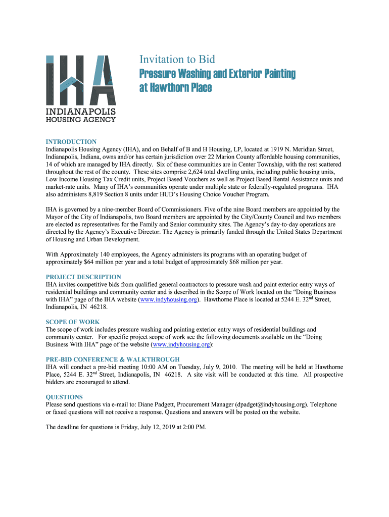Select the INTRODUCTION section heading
(x=71, y=142)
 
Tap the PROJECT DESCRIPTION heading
(x=83, y=277)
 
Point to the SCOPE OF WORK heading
(x=72, y=322)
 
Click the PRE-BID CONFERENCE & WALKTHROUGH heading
(x=112, y=359)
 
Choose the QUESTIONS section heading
(x=64, y=397)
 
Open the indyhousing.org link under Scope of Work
(x=181, y=344)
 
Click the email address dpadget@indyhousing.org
(x=271, y=404)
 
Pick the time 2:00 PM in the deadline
(x=192, y=427)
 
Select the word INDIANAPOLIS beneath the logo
(x=81, y=112)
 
